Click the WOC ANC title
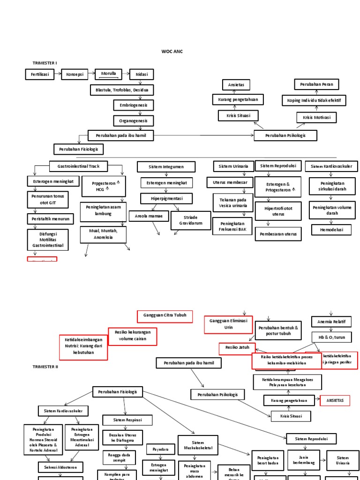tap(172, 52)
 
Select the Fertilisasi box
tap(40, 74)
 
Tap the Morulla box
tap(108, 74)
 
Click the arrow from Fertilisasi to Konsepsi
tap(58, 74)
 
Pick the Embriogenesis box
tap(134, 105)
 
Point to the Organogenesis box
tap(134, 120)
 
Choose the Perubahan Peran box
tap(317, 84)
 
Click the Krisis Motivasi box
tap(317, 117)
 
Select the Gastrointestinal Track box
tap(78, 166)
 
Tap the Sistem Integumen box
tap(166, 166)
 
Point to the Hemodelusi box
tap(331, 230)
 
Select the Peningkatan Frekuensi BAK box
tap(232, 226)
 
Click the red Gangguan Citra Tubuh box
tap(162, 315)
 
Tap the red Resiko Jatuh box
tap(237, 349)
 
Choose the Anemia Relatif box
tap(331, 322)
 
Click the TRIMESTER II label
tap(45, 367)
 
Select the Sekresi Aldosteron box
tap(60, 467)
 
